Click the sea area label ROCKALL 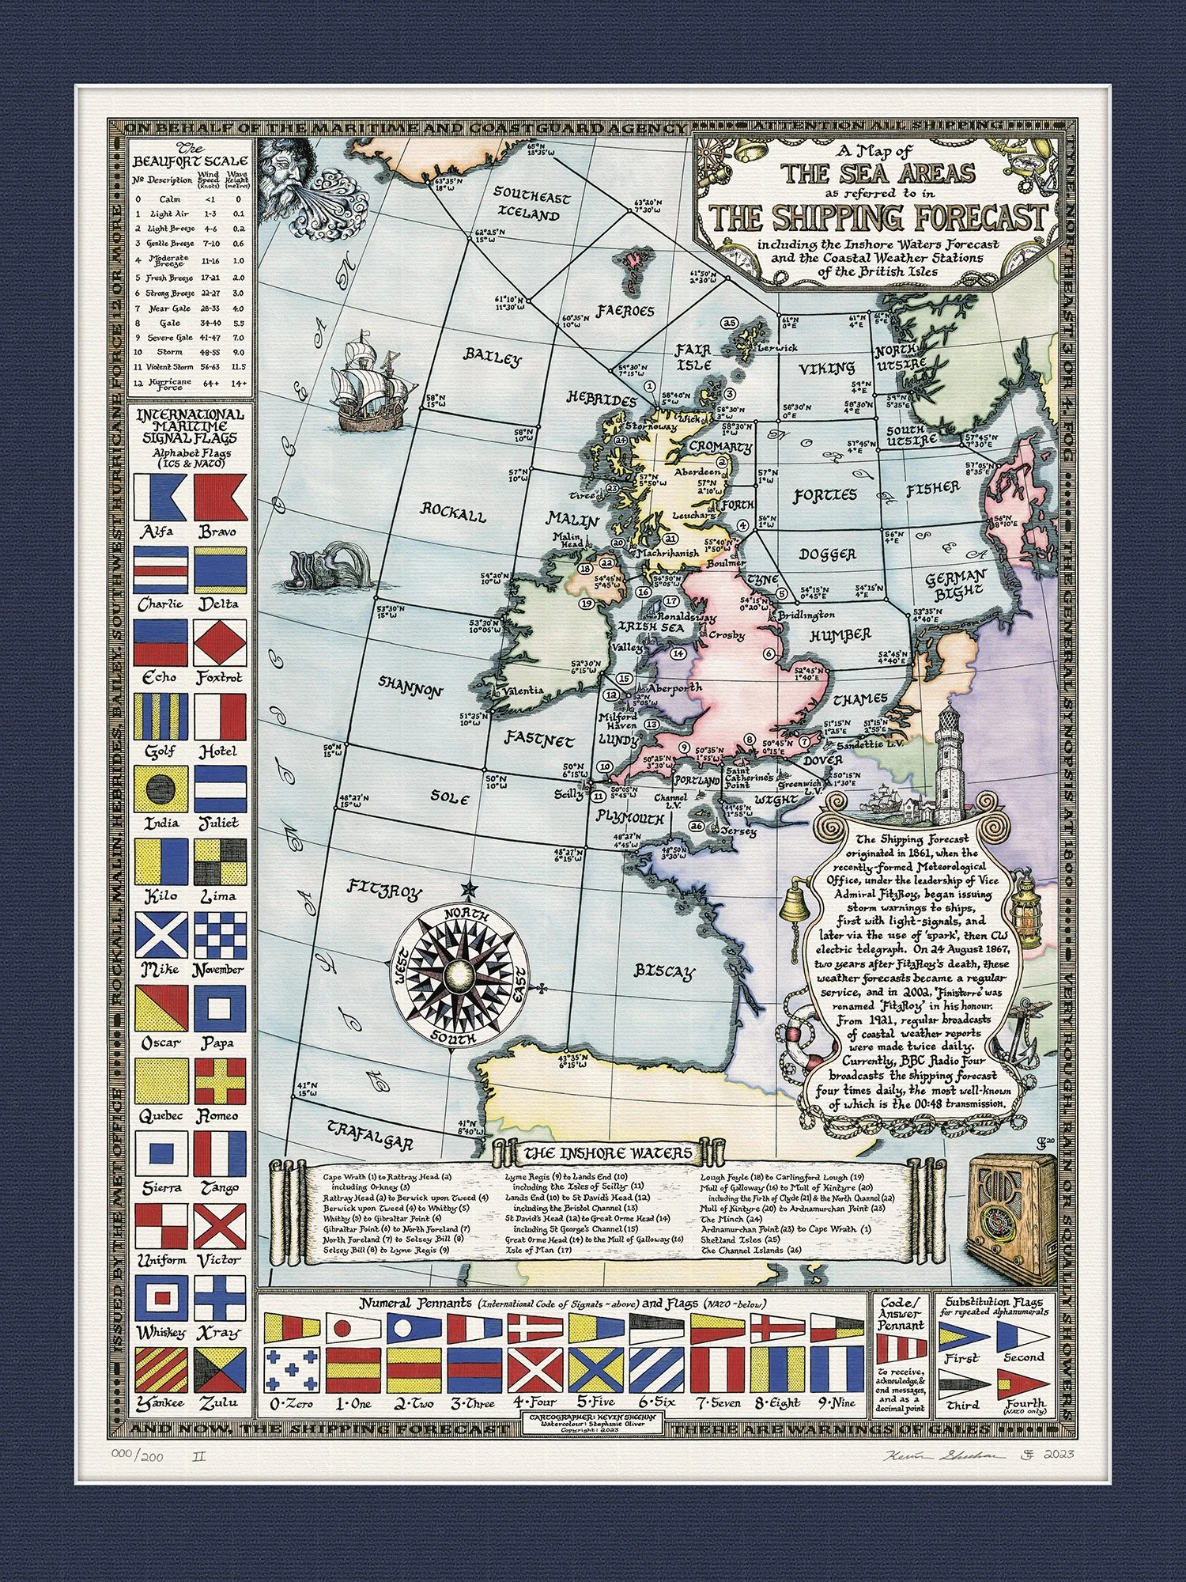tap(453, 512)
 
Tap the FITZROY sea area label tap(385, 891)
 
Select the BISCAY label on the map tap(665, 972)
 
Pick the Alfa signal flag tap(161, 498)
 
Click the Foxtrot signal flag tap(221, 642)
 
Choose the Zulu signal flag tap(221, 1371)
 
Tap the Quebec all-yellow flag tap(161, 1081)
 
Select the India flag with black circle tap(161, 789)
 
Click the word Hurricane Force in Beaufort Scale tap(171, 384)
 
